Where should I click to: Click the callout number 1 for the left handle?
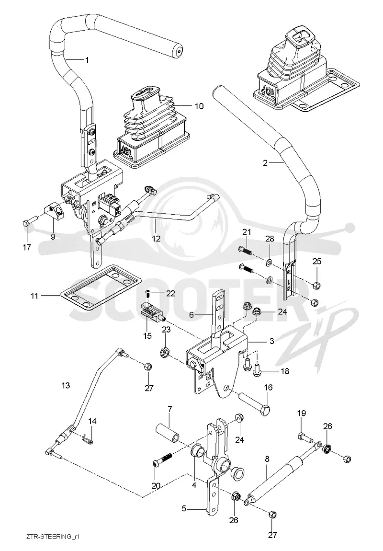coord(87,60)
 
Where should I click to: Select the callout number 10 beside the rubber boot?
coord(199,106)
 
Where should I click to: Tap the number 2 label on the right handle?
coord(265,163)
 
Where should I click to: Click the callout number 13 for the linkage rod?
coord(66,386)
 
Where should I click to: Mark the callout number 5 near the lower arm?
coord(184,508)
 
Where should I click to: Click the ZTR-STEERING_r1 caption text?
coord(51,537)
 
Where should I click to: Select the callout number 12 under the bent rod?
coord(156,239)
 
